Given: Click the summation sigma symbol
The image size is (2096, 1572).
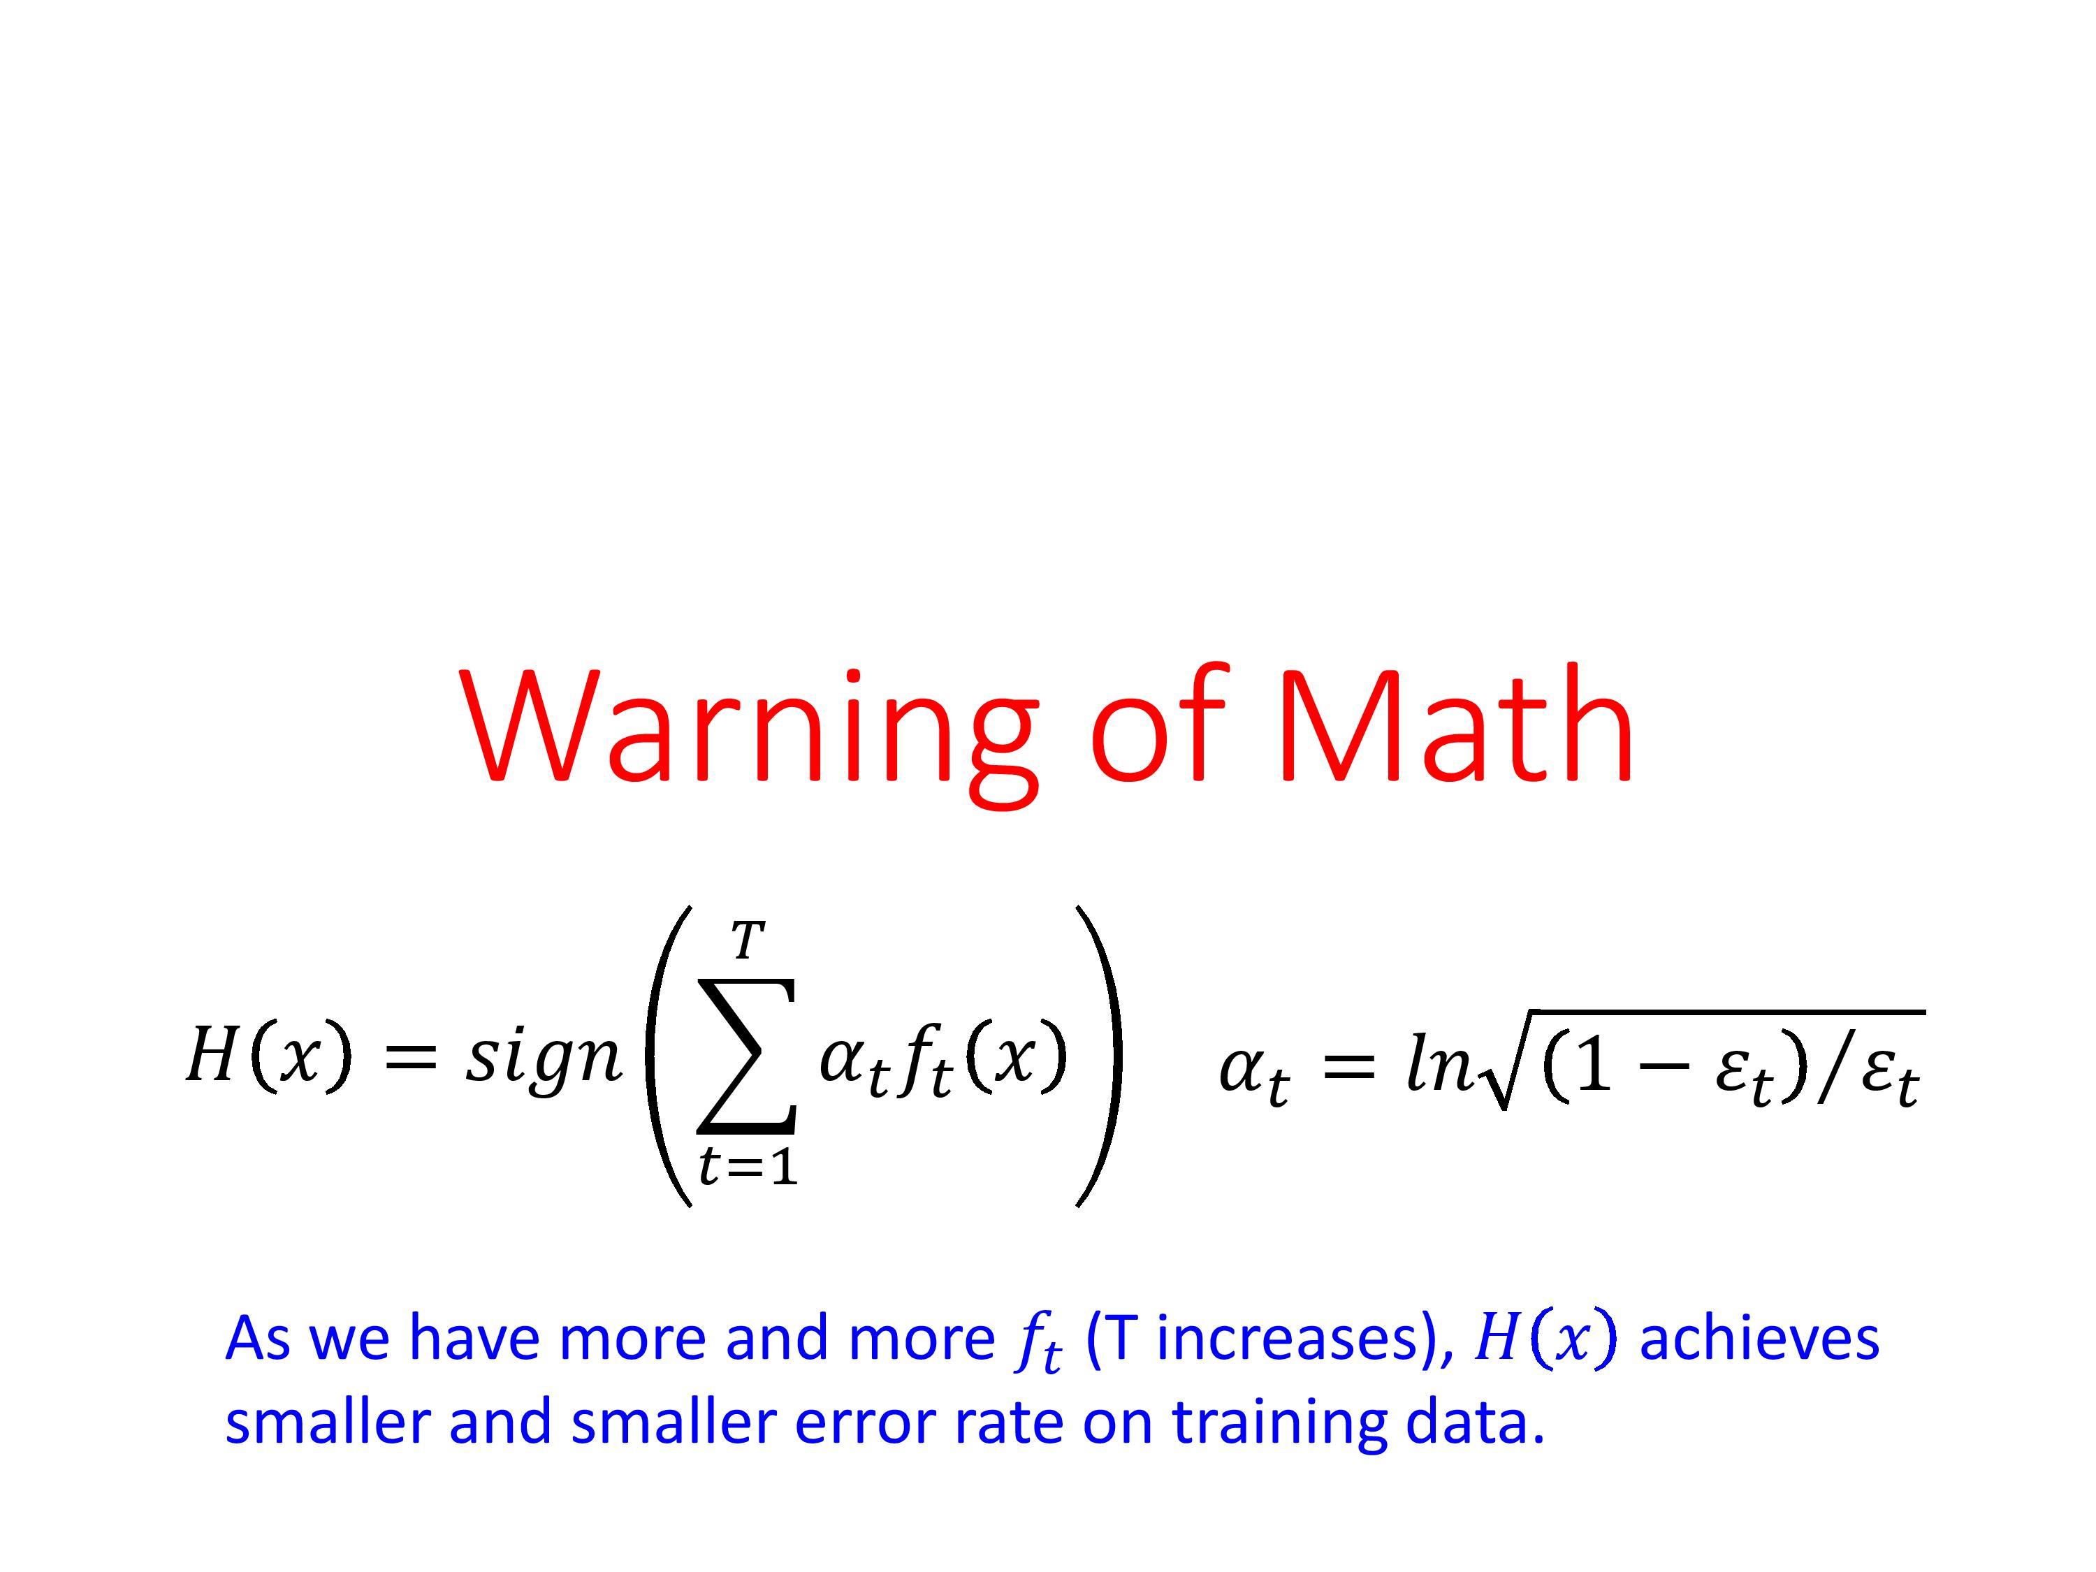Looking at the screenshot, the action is click(745, 1054).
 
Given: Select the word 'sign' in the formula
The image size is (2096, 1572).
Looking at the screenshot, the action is click(544, 1058).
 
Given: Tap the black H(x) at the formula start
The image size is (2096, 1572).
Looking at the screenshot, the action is click(268, 1054).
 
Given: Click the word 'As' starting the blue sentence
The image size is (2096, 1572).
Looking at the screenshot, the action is click(258, 1339).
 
